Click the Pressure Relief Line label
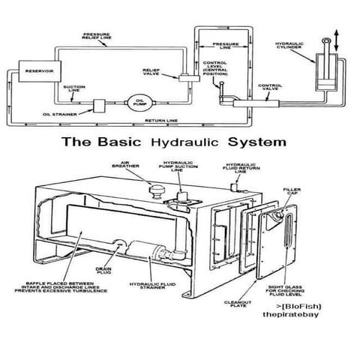point(98,36)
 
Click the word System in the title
point(259,142)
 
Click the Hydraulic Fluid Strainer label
point(157,288)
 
